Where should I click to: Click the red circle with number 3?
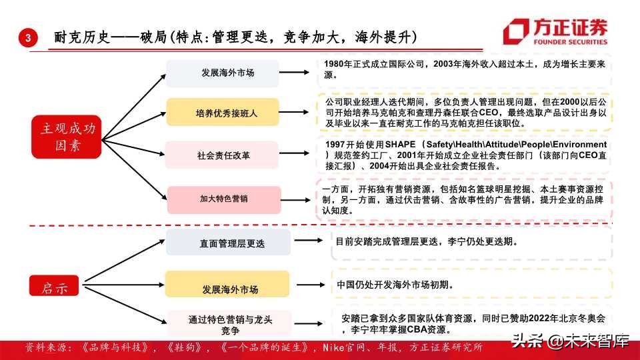27,39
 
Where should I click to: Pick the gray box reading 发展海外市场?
227,73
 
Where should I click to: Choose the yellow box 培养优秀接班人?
227,113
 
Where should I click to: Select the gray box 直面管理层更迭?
228,243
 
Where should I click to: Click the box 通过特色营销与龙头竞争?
228,325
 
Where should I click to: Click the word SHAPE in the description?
399,145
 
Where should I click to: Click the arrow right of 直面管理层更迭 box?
310,240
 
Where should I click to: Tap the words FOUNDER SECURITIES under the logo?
570,41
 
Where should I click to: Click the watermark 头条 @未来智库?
570,343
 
